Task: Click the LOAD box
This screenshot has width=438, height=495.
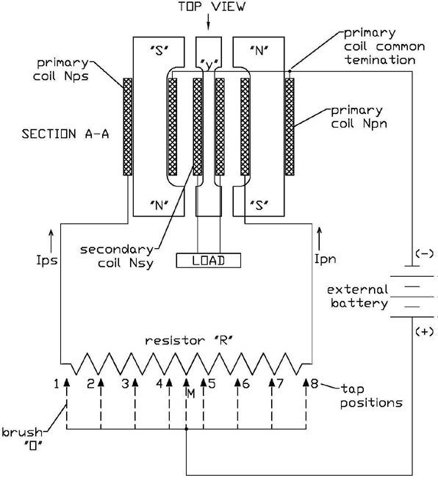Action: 209,261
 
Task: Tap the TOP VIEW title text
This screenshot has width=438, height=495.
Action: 212,7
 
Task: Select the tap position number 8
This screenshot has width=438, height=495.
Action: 315,383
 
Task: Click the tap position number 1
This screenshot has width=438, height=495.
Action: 57,384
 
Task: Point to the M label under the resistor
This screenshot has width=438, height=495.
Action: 191,394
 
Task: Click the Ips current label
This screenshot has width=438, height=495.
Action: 47,260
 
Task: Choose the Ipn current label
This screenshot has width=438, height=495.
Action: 326,259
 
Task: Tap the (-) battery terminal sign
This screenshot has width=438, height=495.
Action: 425,253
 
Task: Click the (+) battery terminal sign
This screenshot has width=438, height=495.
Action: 425,331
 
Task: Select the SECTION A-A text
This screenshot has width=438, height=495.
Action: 65,134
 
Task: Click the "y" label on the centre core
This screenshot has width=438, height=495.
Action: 208,64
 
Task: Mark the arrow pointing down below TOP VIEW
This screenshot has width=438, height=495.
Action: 208,23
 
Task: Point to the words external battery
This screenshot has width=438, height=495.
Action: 357,297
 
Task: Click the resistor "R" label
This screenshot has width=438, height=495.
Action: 189,340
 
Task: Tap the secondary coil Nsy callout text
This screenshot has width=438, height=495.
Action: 117,256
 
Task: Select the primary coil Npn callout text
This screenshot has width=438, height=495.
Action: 359,117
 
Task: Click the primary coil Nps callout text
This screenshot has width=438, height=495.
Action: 62,70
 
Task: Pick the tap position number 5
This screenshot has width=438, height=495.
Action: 212,383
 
